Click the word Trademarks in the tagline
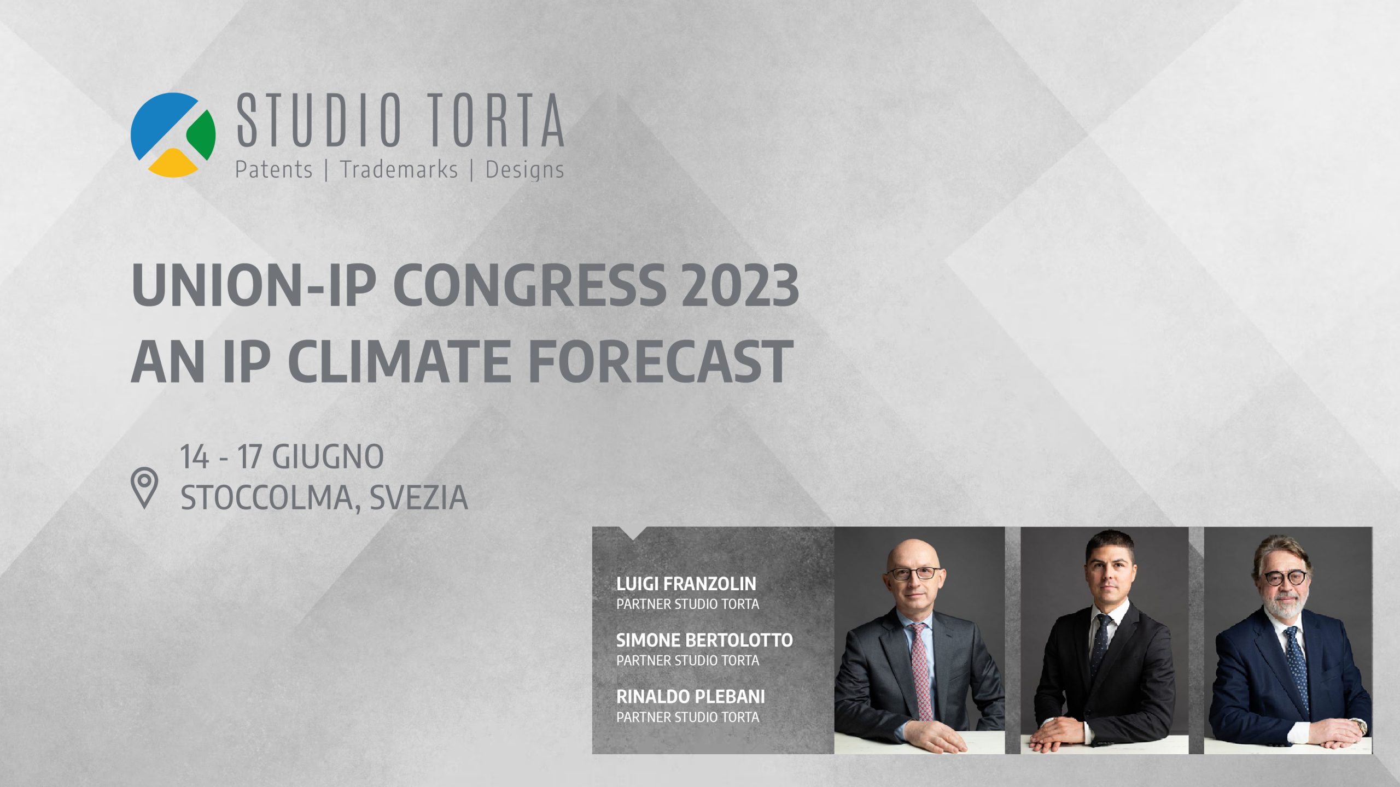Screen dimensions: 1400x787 click(399, 169)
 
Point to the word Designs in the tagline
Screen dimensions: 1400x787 click(524, 170)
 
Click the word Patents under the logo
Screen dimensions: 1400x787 click(273, 169)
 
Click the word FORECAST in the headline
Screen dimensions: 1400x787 click(661, 361)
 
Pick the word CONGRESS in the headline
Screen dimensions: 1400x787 click(529, 285)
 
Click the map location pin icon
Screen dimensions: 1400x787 click(144, 488)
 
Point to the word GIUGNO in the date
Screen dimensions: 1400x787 click(328, 456)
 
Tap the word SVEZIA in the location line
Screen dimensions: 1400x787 click(418, 497)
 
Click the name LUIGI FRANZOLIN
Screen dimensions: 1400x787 click(686, 584)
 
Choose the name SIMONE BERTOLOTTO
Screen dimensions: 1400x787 click(704, 640)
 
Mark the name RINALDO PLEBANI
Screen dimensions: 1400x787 click(691, 696)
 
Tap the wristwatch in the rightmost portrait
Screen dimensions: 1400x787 click(1359, 726)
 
